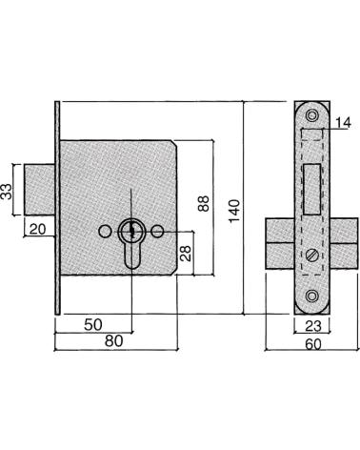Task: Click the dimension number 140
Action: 234,211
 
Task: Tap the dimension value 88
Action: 203,204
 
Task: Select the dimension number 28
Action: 187,254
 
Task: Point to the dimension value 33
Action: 6,192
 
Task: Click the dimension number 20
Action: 37,229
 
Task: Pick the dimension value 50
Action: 93,324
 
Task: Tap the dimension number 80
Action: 113,341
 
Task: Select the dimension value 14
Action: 343,123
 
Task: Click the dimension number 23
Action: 313,326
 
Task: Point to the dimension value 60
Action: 313,344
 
